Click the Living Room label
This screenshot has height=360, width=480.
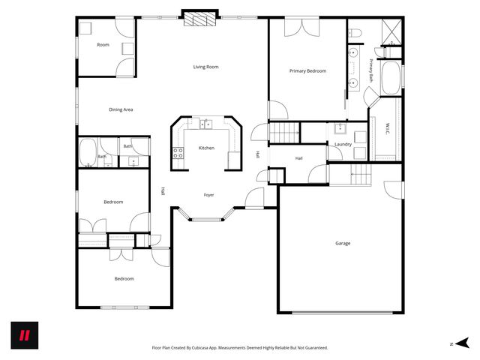coord(205,67)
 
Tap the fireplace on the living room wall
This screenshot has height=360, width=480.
coord(199,17)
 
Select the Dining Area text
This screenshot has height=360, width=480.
coord(121,110)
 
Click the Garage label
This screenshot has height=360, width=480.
coord(343,243)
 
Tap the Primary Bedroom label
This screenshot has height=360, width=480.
coord(307,71)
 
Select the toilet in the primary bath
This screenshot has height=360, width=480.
coord(356,31)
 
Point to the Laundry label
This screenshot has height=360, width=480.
coord(343,144)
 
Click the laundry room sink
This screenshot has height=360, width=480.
coord(340,127)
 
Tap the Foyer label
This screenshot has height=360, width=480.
coord(208,195)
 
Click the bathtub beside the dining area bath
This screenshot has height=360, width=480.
coord(88,151)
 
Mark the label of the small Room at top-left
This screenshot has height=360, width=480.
coord(103,45)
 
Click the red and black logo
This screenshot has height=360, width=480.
coord(24,334)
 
